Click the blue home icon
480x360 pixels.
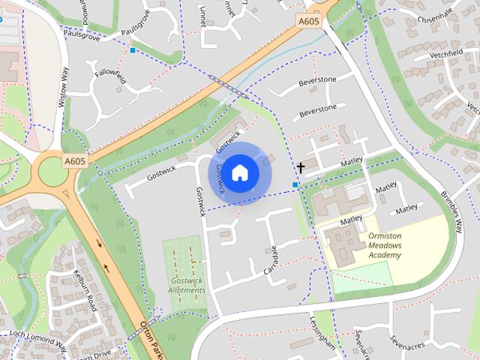tap(239, 173)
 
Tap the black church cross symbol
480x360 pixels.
tap(301, 168)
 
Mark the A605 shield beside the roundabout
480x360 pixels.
tap(75, 160)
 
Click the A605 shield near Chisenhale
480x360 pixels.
tap(308, 22)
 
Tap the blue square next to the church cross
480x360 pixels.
tap(295, 184)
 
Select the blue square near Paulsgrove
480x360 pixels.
tap(133, 50)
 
